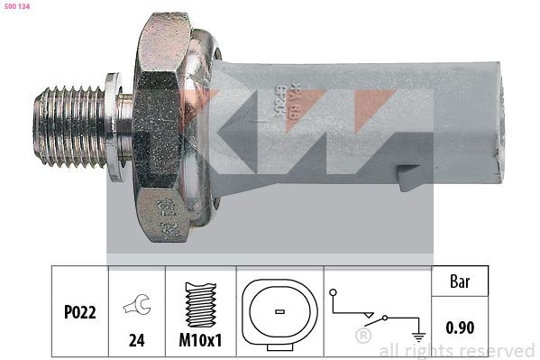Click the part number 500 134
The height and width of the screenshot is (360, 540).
click(19, 7)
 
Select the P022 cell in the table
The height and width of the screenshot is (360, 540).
click(78, 310)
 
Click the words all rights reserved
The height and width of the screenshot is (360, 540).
click(456, 350)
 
